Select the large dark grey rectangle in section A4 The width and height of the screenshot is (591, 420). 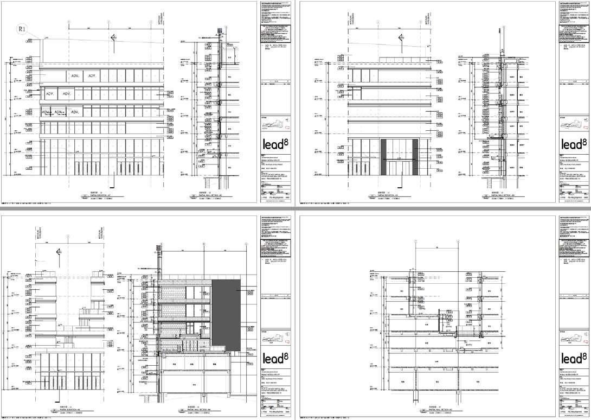226,314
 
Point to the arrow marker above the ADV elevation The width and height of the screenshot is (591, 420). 113,37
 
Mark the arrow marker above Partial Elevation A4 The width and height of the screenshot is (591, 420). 59,252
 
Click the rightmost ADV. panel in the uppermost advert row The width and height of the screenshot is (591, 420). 92,76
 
